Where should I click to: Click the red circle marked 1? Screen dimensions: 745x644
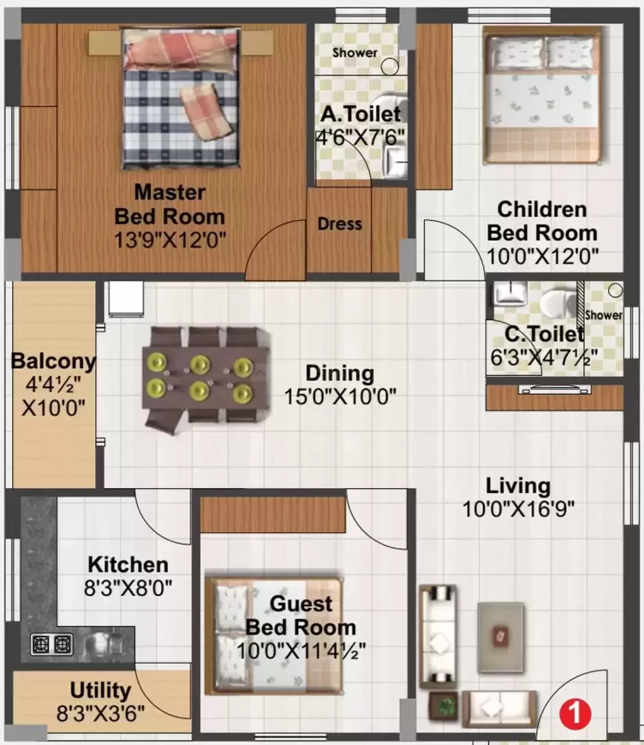[x=577, y=711]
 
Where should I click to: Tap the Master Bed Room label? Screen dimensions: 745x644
[x=170, y=203]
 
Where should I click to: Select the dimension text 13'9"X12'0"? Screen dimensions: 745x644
[x=170, y=241]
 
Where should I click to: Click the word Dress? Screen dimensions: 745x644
[x=340, y=223]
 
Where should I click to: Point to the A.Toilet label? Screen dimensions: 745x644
[x=360, y=114]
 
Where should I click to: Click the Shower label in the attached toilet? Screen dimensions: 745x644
[x=355, y=52]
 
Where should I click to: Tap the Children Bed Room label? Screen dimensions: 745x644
[x=542, y=221]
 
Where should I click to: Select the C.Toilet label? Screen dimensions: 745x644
[x=537, y=335]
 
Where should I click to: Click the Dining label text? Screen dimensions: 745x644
[x=340, y=373]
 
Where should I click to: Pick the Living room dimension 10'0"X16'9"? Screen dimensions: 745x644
[x=518, y=508]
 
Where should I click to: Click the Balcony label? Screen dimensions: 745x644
[x=53, y=361]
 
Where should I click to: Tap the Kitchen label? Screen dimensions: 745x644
[x=128, y=565]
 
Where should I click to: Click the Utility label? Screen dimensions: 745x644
[x=101, y=690]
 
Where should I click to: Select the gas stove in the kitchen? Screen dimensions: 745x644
[x=51, y=643]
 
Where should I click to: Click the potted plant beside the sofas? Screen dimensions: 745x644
[x=444, y=706]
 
